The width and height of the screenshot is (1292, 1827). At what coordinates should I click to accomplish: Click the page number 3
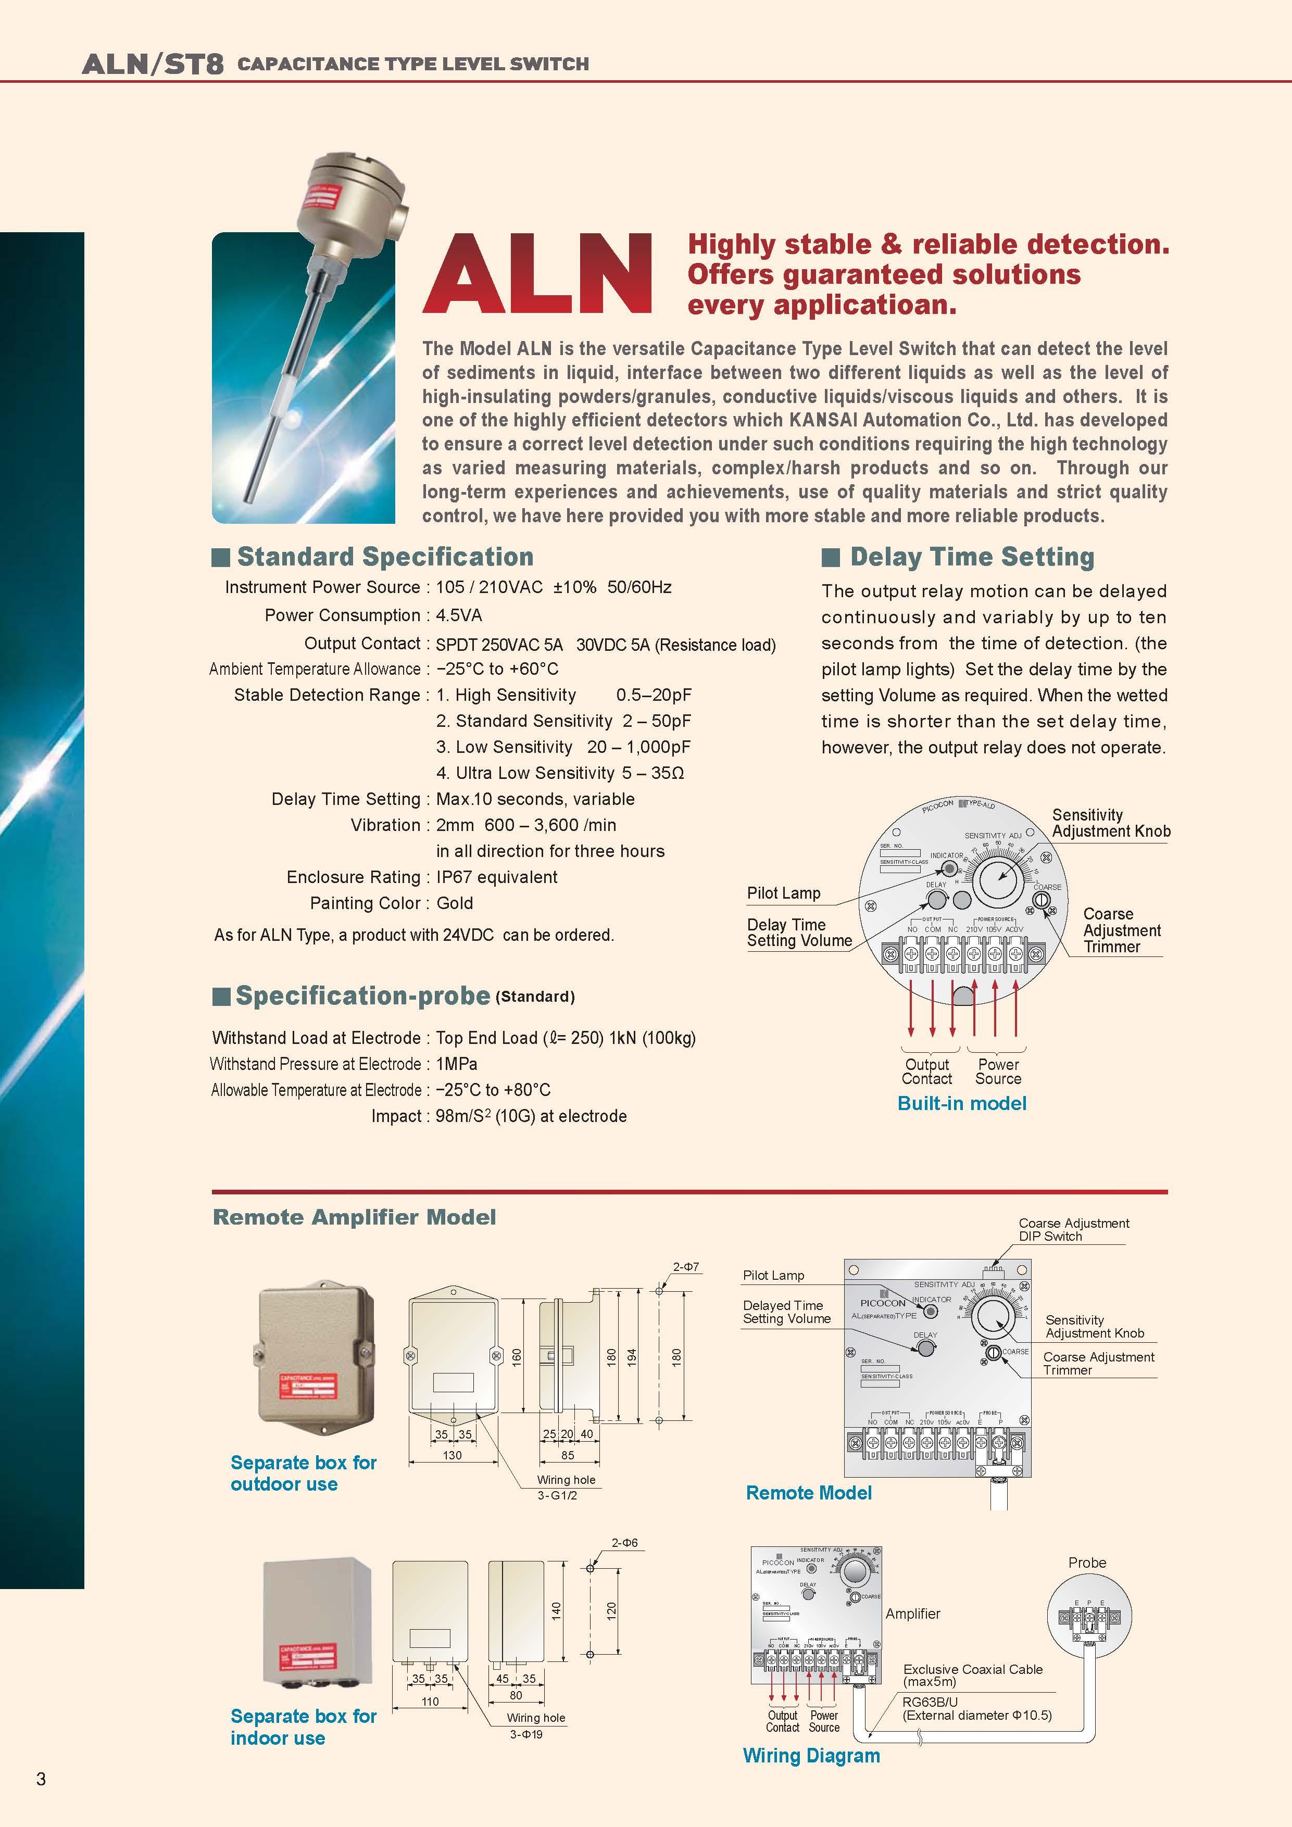[41, 1779]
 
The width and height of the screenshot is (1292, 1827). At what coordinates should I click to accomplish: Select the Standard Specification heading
[384, 557]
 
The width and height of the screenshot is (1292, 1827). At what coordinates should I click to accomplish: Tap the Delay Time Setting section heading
[971, 557]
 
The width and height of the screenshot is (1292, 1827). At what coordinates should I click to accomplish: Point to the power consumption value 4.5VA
[459, 615]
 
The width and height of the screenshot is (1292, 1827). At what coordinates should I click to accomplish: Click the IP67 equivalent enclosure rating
[497, 877]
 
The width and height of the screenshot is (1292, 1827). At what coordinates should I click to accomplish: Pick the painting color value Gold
[455, 903]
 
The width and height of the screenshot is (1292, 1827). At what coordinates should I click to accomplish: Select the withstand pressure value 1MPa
[456, 1064]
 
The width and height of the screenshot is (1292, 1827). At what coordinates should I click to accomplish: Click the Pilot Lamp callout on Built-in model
[783, 893]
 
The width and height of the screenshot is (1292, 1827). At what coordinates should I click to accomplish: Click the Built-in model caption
[962, 1104]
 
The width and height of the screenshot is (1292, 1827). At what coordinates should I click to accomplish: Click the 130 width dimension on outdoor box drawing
[452, 1455]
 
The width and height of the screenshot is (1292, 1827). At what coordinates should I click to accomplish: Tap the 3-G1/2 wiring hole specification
[557, 1495]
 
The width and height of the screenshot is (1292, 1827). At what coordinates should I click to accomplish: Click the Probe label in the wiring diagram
[1087, 1563]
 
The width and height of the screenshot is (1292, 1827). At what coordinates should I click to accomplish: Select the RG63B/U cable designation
[930, 1702]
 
